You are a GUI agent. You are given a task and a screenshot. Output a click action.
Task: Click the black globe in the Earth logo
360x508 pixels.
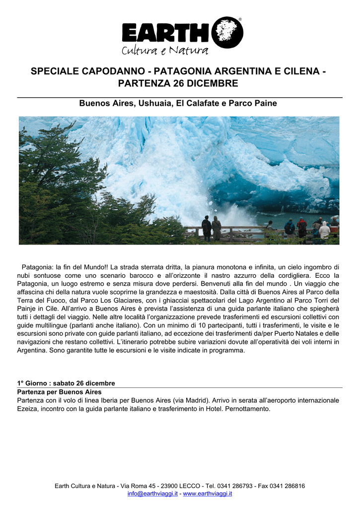(x=227, y=33)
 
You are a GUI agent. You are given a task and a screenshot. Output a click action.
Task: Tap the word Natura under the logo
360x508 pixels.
(x=188, y=50)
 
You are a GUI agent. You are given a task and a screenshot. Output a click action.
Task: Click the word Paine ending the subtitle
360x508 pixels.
(x=265, y=104)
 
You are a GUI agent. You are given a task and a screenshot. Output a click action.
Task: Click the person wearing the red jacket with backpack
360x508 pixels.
(x=301, y=228)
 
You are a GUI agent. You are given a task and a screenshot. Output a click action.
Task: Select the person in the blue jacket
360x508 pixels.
(x=289, y=228)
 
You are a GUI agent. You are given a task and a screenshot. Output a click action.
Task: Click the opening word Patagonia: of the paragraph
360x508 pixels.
(x=38, y=267)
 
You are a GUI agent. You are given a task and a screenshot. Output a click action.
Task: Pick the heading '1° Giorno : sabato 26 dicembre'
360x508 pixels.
(x=66, y=383)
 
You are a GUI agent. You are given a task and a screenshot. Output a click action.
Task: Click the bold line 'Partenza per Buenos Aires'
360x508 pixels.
(x=60, y=392)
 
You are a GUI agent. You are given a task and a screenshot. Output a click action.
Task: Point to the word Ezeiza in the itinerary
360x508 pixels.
(x=27, y=409)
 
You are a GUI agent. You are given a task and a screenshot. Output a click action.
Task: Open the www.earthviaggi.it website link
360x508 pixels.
(x=208, y=494)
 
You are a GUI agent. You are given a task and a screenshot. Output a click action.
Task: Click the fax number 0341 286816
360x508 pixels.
(x=288, y=486)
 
